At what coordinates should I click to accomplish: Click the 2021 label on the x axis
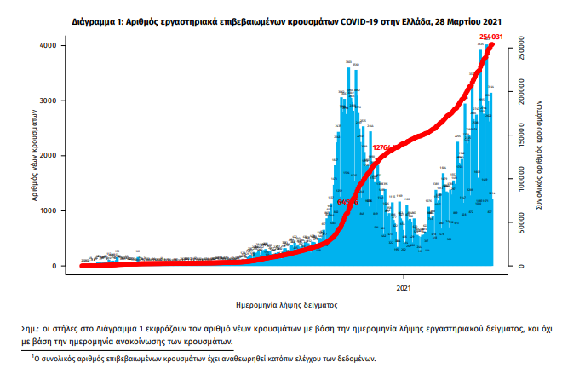[404, 288]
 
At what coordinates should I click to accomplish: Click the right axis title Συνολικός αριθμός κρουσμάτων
[539, 153]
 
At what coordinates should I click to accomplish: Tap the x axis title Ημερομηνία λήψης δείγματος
[287, 303]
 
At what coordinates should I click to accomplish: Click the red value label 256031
[491, 37]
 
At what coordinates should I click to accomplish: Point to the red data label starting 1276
[381, 147]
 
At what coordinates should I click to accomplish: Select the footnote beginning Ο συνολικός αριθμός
[204, 360]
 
